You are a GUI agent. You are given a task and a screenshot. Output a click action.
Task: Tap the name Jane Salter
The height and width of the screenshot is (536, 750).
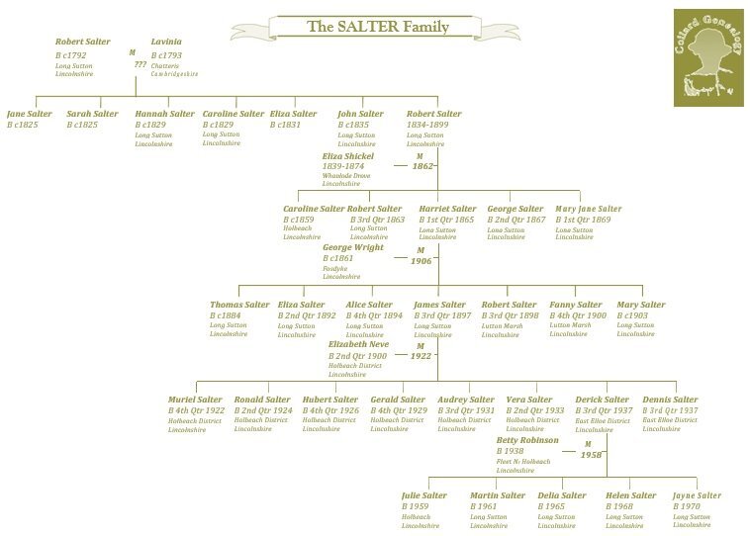click(x=30, y=114)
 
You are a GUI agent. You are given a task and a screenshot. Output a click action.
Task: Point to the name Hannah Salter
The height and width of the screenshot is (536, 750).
click(x=164, y=114)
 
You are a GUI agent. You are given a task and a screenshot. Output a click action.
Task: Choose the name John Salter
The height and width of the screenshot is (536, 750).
click(x=360, y=114)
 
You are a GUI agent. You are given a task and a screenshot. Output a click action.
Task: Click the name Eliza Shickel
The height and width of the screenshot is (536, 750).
click(x=347, y=156)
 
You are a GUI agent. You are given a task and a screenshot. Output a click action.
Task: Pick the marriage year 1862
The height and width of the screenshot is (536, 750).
click(x=423, y=167)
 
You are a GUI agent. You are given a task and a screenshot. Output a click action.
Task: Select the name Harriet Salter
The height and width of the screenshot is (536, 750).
click(x=447, y=209)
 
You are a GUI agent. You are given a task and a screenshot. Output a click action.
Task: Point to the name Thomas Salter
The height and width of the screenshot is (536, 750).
click(x=239, y=305)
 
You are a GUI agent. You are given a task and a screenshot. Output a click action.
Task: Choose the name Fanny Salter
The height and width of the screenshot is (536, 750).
click(x=576, y=305)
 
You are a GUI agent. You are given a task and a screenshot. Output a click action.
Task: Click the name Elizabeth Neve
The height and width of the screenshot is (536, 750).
click(x=358, y=344)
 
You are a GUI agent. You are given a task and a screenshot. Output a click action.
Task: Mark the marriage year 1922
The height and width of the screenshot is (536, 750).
click(x=422, y=356)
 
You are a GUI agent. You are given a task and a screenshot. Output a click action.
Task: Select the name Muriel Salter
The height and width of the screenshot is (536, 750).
click(x=196, y=400)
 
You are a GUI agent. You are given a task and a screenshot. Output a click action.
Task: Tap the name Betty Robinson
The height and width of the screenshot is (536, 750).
click(x=527, y=440)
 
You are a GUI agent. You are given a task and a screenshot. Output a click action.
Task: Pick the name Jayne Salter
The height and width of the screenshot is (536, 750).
click(x=697, y=495)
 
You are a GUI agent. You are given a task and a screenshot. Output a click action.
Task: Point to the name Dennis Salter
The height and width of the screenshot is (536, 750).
click(x=670, y=400)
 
